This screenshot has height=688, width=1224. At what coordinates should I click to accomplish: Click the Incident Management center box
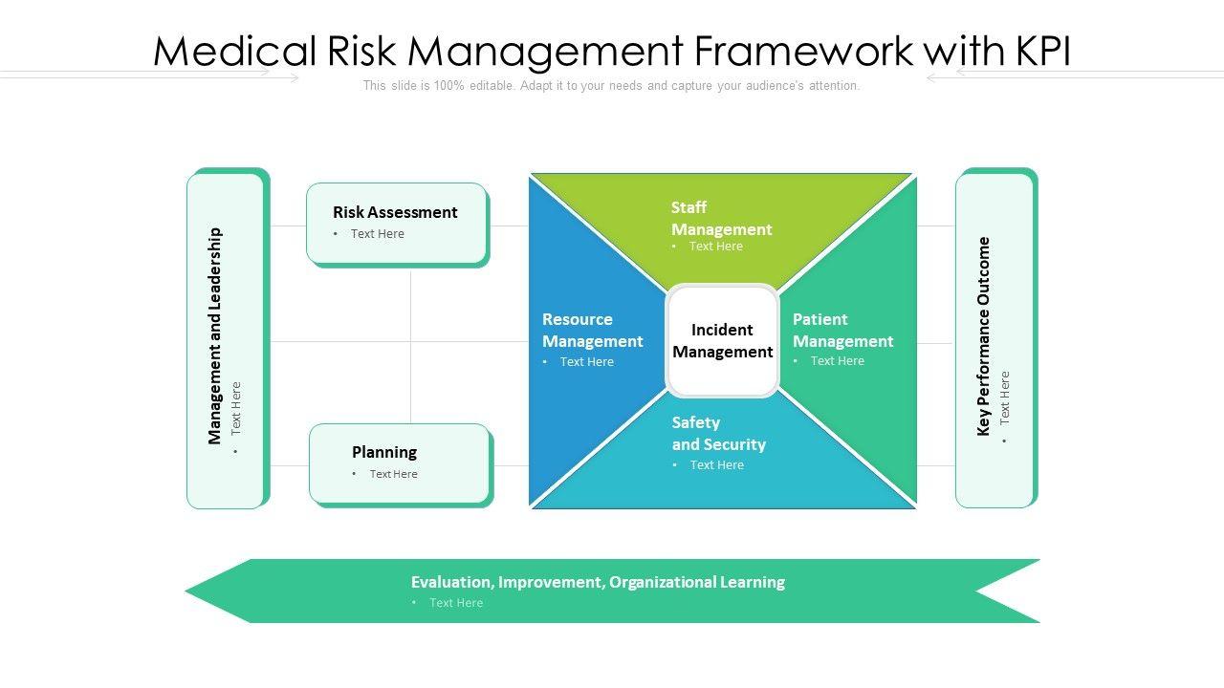click(x=722, y=341)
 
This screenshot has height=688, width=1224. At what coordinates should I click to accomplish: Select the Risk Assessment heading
click(x=395, y=212)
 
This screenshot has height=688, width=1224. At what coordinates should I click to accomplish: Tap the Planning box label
click(x=384, y=452)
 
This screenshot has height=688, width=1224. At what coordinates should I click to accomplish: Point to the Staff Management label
click(x=721, y=218)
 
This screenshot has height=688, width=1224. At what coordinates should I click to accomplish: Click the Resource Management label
click(x=592, y=330)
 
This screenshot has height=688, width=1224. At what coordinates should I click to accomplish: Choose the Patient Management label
click(x=842, y=330)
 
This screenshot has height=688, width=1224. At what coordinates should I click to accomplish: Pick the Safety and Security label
click(x=718, y=433)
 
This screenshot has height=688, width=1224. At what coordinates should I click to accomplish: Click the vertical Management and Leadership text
click(x=215, y=335)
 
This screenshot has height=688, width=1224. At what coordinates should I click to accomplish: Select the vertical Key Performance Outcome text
click(x=984, y=336)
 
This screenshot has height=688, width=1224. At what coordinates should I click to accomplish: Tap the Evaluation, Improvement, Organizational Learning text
click(x=598, y=582)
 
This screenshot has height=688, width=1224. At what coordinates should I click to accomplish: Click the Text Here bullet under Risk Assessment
click(x=377, y=234)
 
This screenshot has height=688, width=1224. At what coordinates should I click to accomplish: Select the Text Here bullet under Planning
click(x=393, y=474)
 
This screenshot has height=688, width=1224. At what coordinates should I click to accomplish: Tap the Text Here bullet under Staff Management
click(x=715, y=247)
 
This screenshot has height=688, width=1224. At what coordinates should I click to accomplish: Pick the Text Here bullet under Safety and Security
click(x=716, y=465)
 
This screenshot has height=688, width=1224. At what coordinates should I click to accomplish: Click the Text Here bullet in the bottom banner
click(x=455, y=603)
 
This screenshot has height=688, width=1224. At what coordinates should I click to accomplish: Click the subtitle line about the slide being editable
click(x=611, y=86)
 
